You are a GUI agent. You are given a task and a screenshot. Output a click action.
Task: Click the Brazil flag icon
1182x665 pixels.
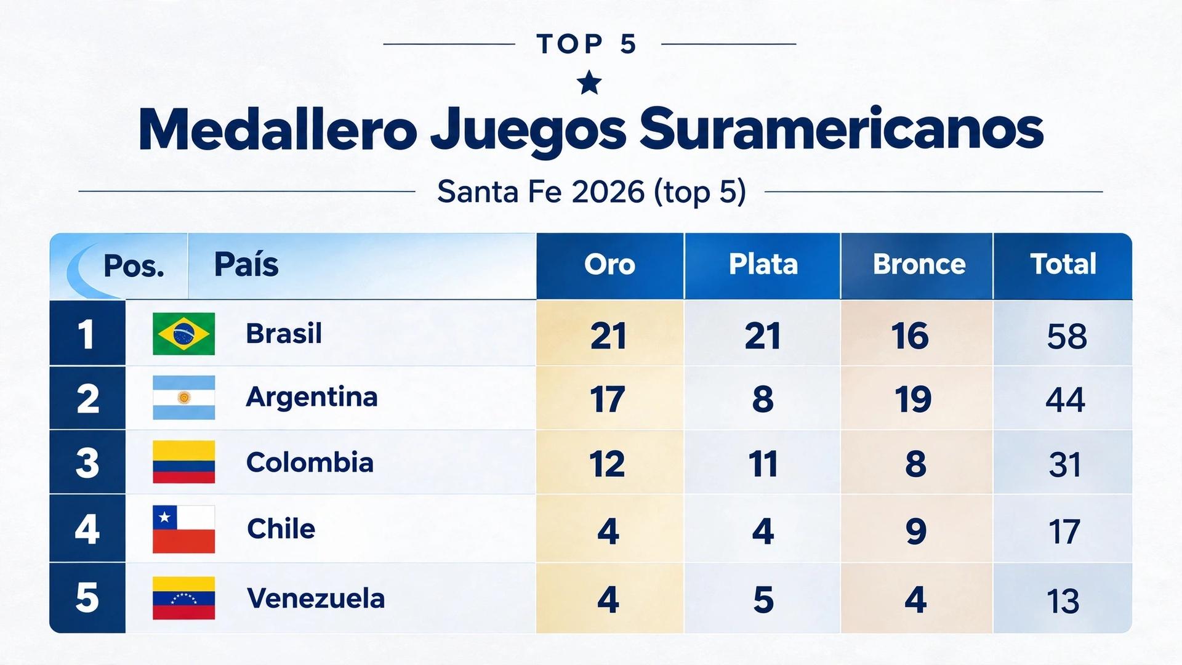pos(183,334)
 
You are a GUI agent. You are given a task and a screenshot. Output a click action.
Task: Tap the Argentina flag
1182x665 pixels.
pos(183,398)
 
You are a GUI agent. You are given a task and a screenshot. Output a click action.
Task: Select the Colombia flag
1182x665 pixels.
pos(183,462)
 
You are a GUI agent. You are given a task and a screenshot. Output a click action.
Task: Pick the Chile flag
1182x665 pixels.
pos(183,530)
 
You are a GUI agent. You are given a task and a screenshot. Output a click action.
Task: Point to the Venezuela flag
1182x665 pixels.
pos(183,598)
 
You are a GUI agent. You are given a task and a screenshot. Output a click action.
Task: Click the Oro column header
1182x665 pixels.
pos(609,265)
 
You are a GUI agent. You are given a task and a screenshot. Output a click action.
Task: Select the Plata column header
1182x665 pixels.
pos(763,265)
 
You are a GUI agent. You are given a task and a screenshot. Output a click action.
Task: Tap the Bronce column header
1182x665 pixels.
pos(919,265)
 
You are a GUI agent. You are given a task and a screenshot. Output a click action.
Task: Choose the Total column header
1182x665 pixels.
pos(1063,264)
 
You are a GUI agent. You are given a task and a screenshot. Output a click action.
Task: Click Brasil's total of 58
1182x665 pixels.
pos(1067,337)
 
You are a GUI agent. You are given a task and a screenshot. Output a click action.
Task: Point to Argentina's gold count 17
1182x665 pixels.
pos(607,400)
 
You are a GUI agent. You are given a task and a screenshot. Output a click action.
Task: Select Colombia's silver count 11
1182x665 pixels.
pos(763,464)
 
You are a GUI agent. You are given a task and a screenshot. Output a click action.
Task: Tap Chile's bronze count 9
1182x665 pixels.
pos(916,531)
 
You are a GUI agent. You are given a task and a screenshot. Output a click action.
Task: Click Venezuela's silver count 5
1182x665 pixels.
pos(763,600)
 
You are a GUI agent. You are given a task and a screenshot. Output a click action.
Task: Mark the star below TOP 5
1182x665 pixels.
pos(590,83)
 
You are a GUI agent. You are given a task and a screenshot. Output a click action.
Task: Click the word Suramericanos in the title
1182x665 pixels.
pos(842,130)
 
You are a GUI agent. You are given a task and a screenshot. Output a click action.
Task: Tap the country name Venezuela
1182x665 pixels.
pos(316,598)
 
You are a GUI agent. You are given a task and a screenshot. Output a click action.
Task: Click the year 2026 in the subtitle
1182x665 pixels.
pos(608,192)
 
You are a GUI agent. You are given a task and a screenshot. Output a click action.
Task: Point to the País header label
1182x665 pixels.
pos(246,265)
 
